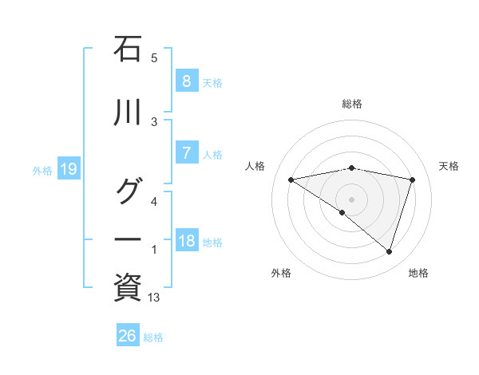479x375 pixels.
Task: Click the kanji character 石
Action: (128, 49)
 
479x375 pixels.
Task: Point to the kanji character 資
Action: (128, 287)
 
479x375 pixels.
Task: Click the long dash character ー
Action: (128, 239)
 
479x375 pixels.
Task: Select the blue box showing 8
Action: (186, 81)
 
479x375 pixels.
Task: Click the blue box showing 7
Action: (186, 154)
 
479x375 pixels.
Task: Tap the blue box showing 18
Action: (186, 242)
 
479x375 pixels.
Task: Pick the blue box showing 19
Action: (68, 169)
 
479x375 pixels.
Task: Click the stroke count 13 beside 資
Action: (155, 298)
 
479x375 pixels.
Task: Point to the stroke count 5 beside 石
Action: (154, 57)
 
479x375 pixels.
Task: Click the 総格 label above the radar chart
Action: (352, 104)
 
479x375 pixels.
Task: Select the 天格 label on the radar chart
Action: (449, 166)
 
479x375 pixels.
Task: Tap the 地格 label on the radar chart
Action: (418, 273)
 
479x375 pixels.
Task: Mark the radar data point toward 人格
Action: (291, 180)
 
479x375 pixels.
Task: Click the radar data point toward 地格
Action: (389, 252)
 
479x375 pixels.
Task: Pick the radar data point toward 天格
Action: (412, 180)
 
